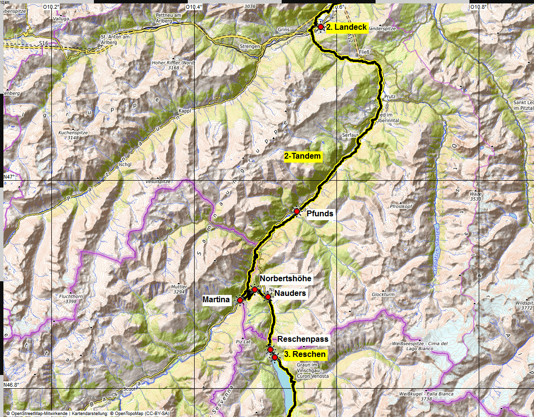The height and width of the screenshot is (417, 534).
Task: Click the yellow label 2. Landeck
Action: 347,28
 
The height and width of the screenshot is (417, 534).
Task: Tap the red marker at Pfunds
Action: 297,211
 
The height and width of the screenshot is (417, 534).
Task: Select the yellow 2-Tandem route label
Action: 303,157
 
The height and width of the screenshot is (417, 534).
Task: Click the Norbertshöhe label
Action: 286,278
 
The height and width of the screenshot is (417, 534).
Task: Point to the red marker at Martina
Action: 240,300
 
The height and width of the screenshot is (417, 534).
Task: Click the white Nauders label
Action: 290,293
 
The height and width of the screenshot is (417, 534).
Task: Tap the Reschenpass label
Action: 303,339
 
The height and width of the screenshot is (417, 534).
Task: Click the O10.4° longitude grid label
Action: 194,7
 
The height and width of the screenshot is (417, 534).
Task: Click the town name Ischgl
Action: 126,165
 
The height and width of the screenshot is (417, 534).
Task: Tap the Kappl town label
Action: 184,111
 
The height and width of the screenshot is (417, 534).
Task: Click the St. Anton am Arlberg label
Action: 115,40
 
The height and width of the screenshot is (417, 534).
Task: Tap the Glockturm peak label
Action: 383,294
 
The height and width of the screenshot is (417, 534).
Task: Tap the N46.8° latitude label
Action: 12,385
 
